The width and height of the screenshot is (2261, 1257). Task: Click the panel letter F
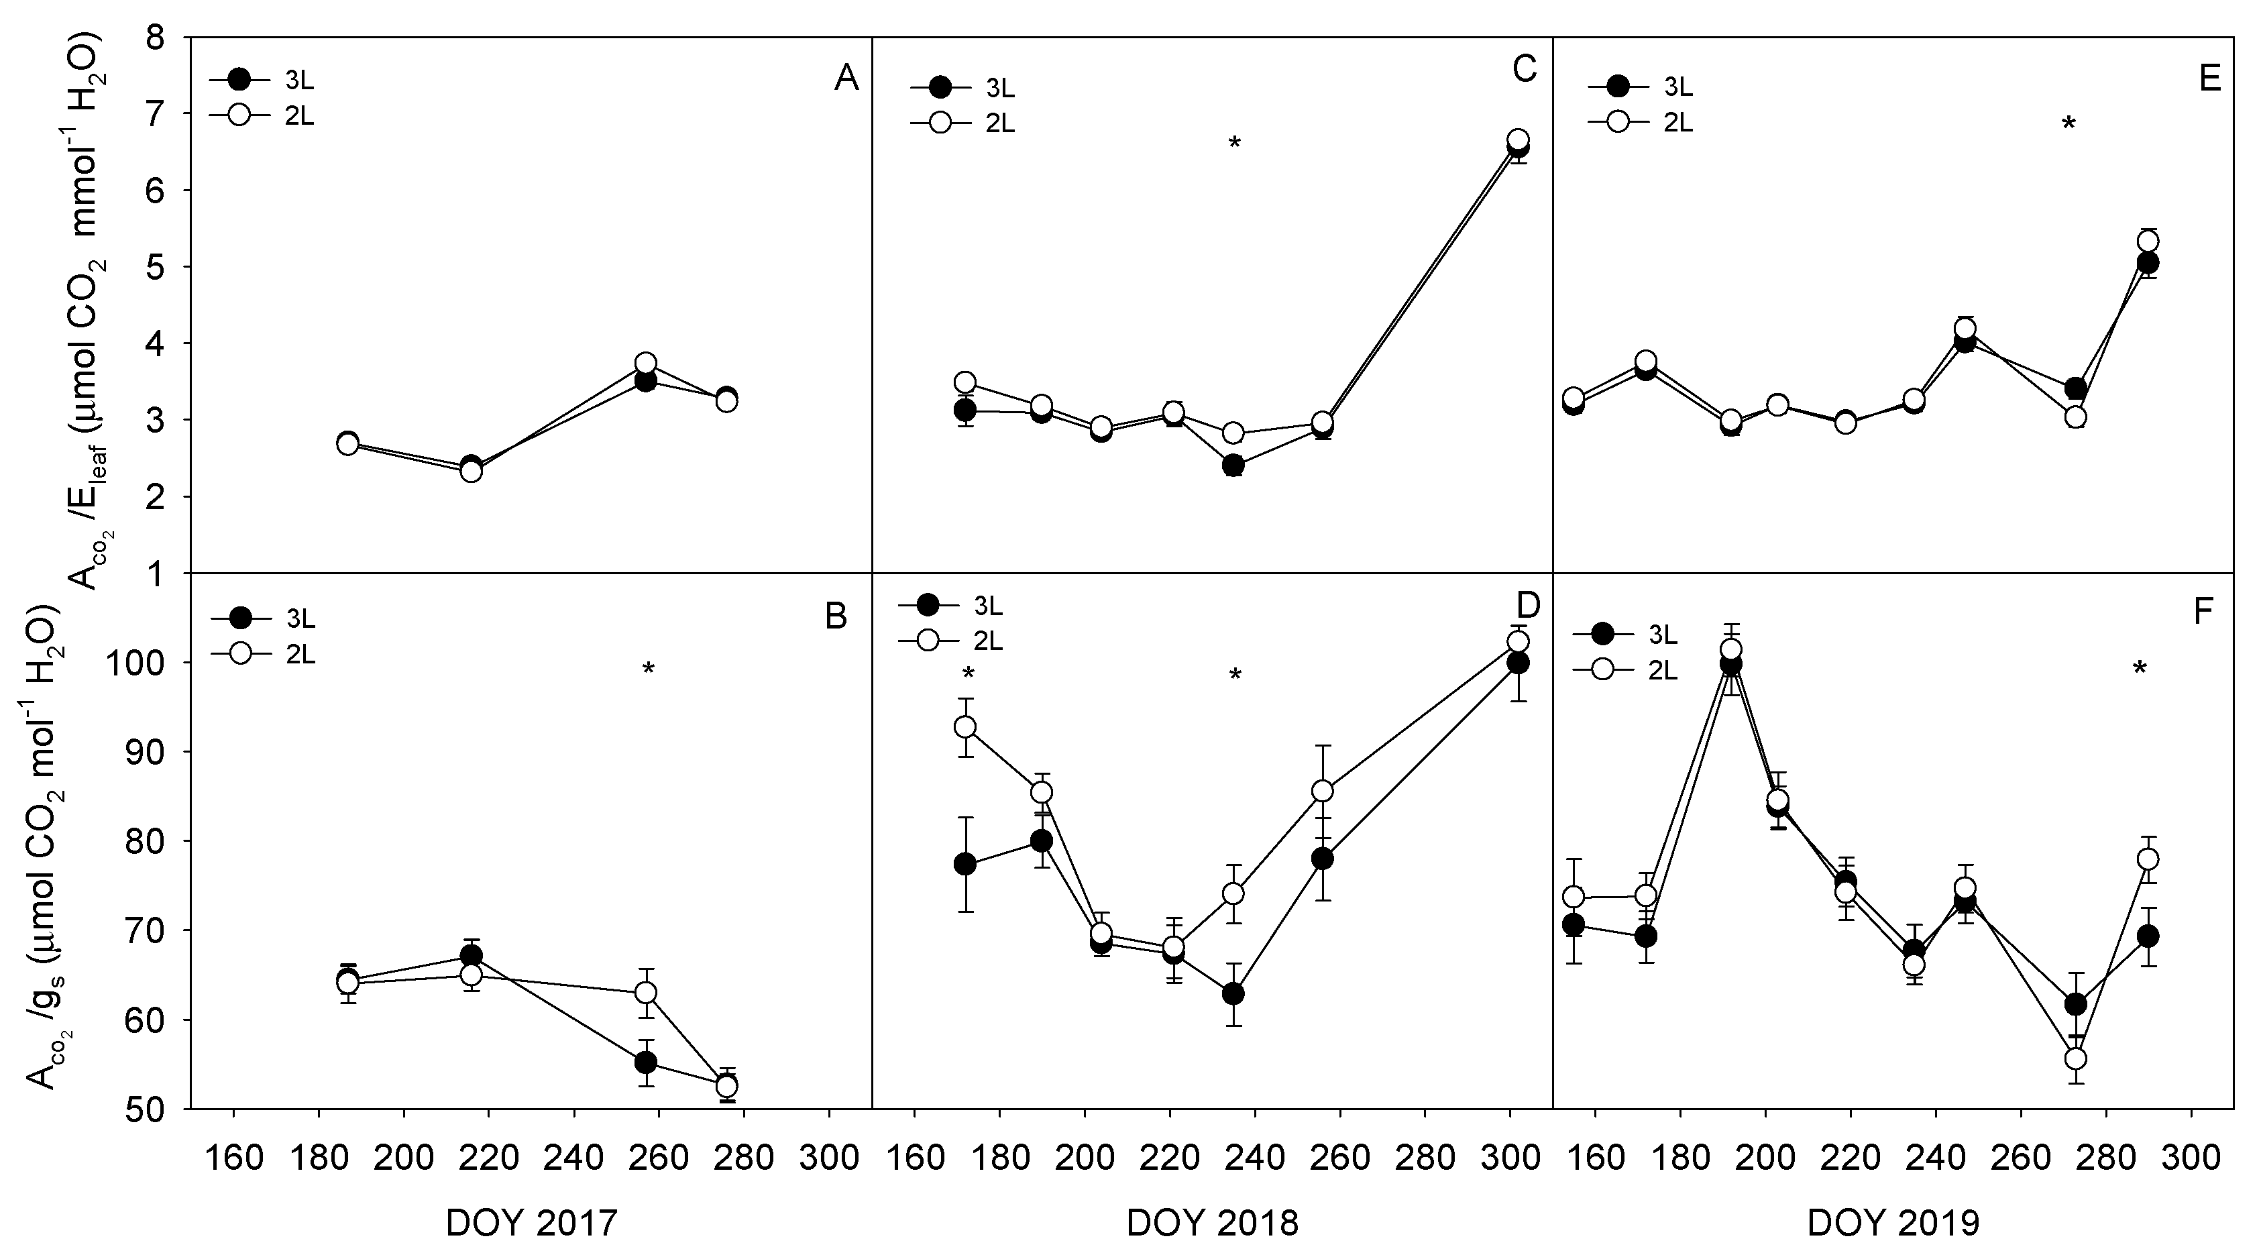[x=2203, y=612]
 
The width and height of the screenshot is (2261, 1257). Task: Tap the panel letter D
[x=1528, y=605]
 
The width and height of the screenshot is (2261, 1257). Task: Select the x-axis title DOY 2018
[x=1212, y=1223]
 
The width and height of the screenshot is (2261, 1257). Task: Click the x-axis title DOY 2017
[x=531, y=1223]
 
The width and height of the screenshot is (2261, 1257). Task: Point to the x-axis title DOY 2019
[x=1893, y=1223]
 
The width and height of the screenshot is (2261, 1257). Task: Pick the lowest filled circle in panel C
[x=1233, y=466]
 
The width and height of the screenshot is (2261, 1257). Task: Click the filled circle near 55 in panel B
[x=646, y=1062]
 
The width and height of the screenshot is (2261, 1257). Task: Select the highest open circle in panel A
[x=646, y=362]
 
